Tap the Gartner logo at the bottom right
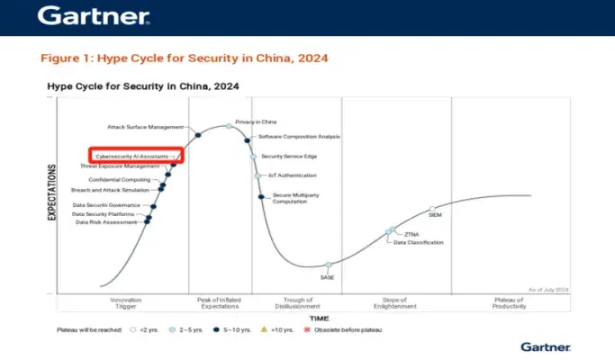point(545,346)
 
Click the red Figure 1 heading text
point(184,58)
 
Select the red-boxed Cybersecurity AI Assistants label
point(135,156)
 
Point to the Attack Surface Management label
point(146,127)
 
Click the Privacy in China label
point(255,120)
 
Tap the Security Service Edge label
point(288,156)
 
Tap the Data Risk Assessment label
point(106,222)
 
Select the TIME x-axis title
point(320,319)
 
